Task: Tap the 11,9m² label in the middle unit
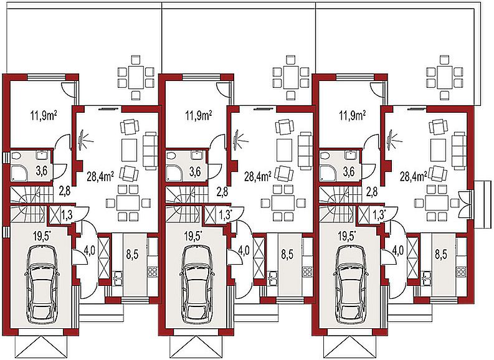click(199, 116)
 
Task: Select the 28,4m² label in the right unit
click(414, 177)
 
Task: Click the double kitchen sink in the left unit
click(118, 278)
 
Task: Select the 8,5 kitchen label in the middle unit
click(287, 254)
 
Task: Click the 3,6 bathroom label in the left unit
click(42, 171)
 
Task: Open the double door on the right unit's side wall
click(465, 204)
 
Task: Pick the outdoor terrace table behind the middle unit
click(290, 77)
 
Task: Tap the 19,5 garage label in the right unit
click(347, 235)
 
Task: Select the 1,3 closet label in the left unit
click(67, 215)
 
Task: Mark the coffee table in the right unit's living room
click(437, 151)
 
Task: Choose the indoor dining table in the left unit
click(128, 204)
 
